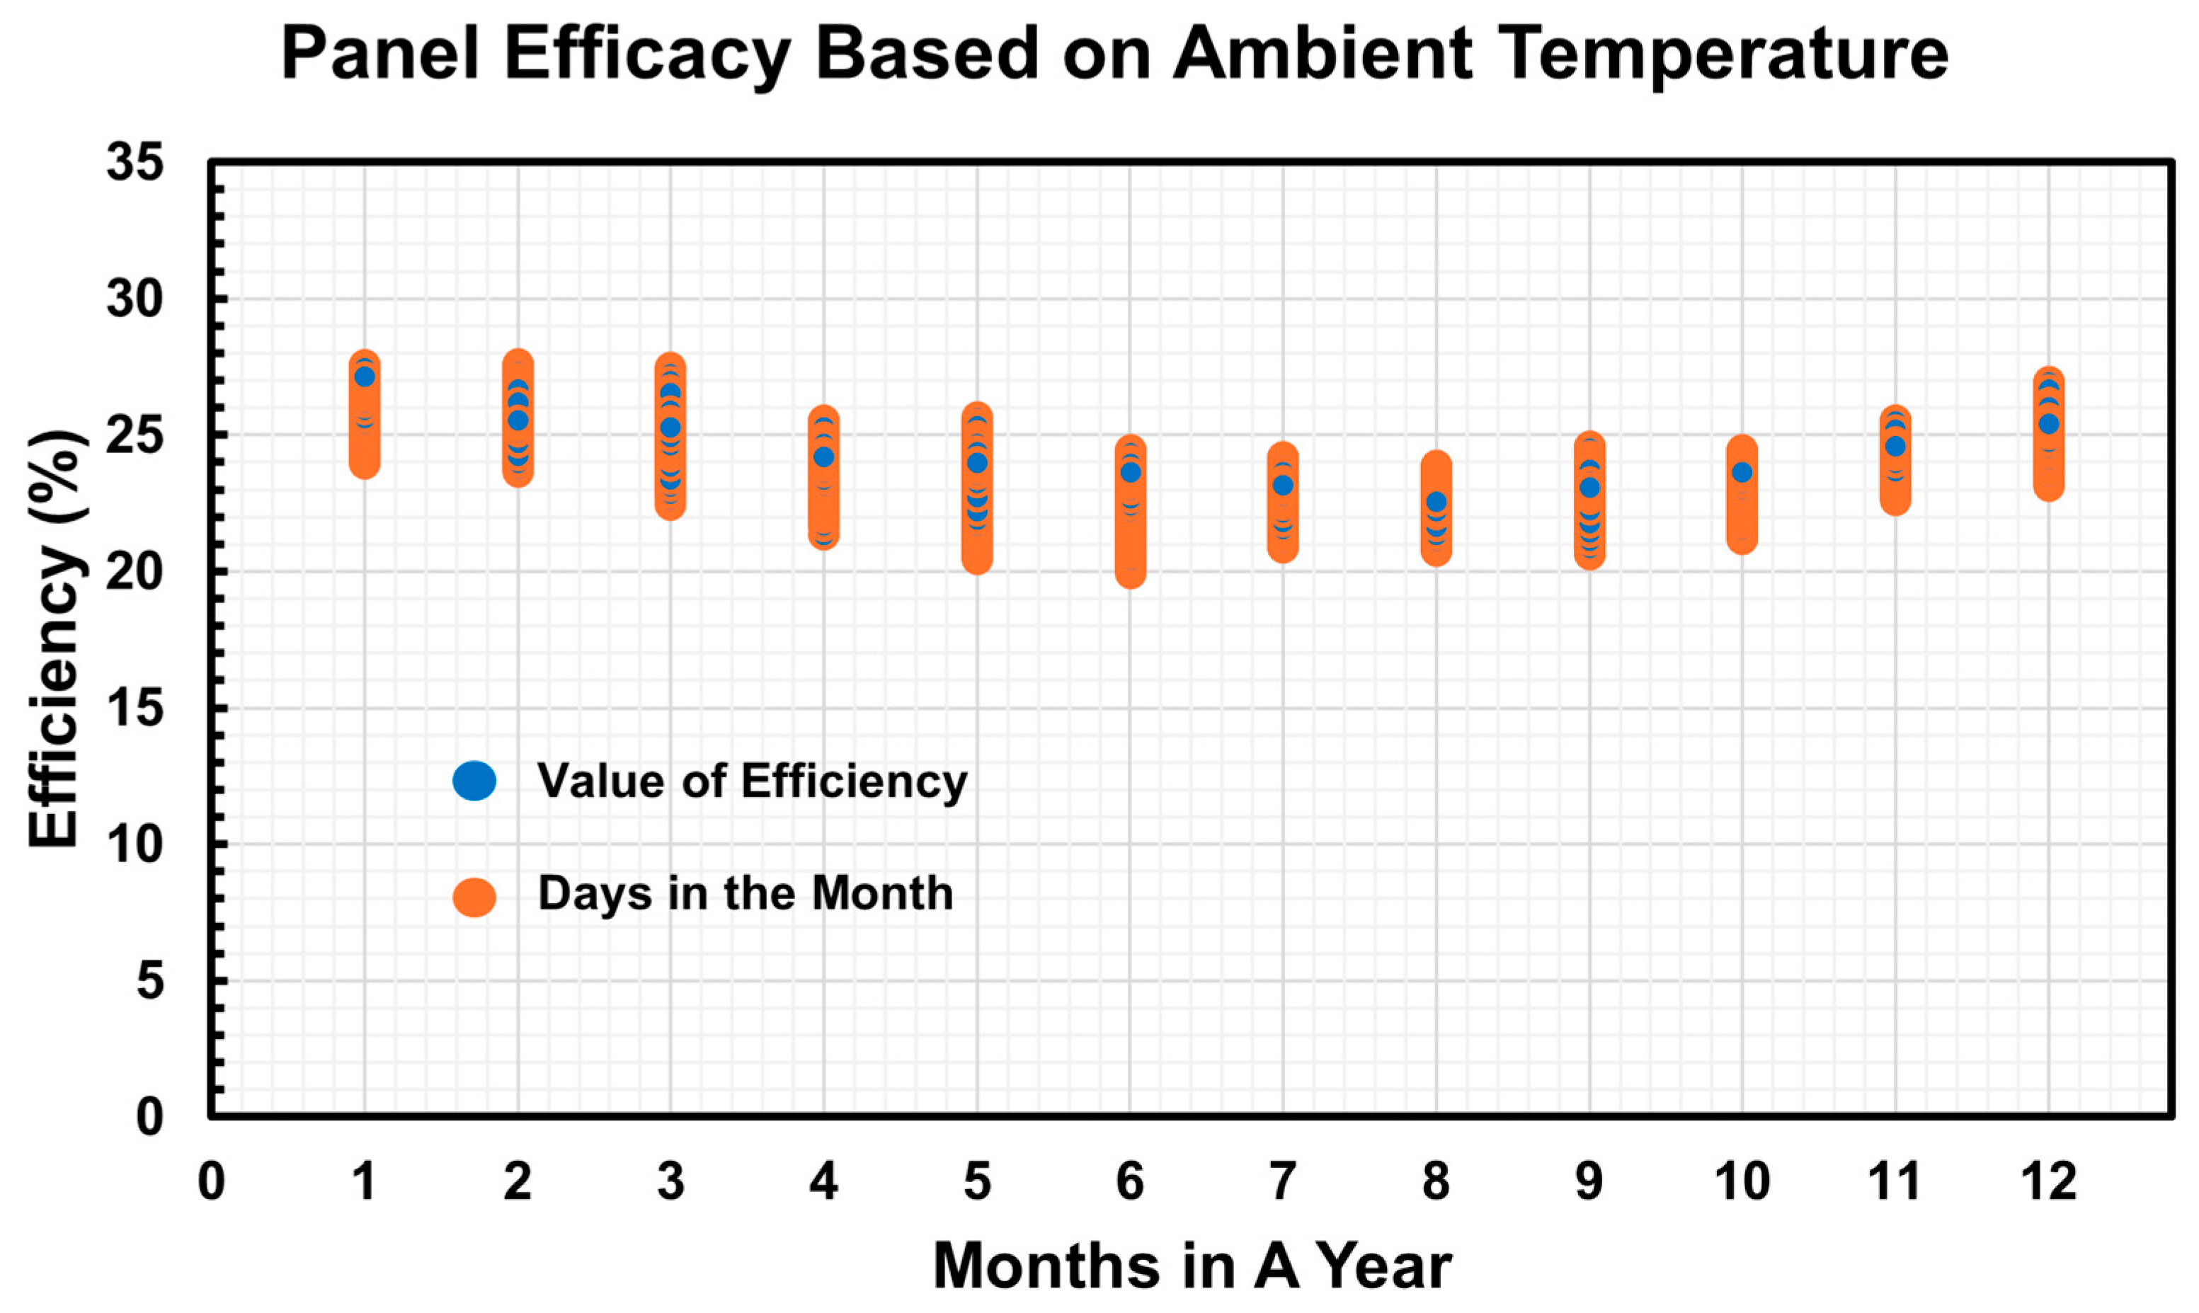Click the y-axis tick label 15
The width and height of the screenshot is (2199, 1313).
coord(135,708)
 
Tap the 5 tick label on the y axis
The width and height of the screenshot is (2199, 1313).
coord(149,980)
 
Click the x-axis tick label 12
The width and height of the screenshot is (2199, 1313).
coord(2047,1181)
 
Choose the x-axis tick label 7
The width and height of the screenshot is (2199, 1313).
coord(1282,1181)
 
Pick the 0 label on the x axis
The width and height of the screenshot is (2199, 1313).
coord(210,1181)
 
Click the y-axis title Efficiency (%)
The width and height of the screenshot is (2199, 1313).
coord(54,638)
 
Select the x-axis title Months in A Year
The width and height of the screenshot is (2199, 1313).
coord(1192,1266)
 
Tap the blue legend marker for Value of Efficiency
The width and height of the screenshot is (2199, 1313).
coord(474,780)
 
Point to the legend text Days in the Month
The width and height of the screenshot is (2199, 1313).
coord(745,893)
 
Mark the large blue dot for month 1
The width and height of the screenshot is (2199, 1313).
coord(365,377)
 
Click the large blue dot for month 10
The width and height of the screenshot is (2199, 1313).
coord(1742,473)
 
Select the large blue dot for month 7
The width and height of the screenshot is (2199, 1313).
coord(1282,485)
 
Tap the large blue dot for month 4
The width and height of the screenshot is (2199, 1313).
coord(824,457)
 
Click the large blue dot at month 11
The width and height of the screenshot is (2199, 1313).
coord(1895,446)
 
